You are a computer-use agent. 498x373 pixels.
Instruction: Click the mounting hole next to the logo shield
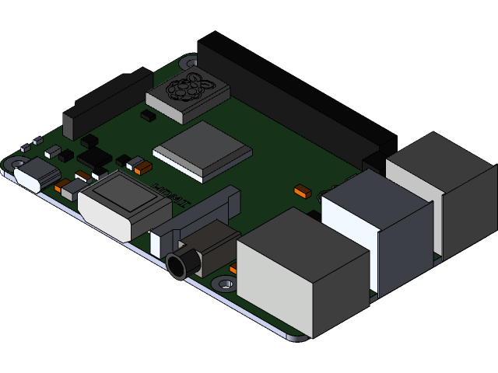tap(188, 62)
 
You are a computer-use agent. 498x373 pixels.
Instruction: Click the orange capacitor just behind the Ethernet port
tap(302, 189)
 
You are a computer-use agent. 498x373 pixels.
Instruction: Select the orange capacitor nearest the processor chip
tap(142, 166)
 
